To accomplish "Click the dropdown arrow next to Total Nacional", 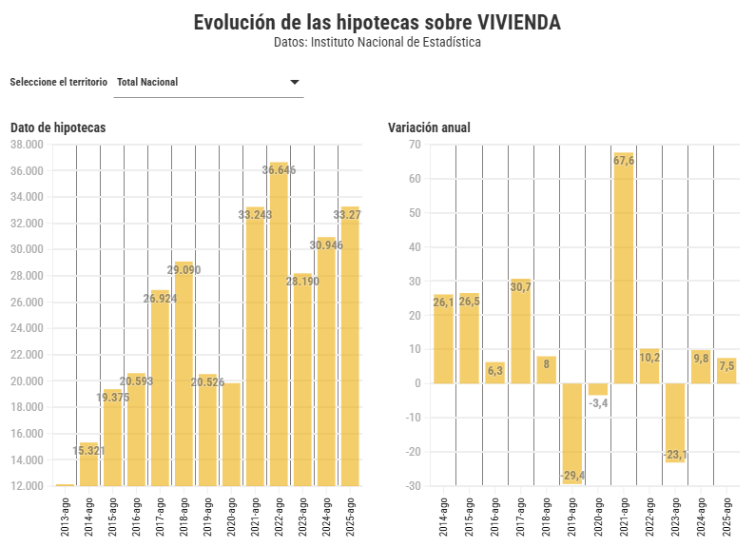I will coord(295,82).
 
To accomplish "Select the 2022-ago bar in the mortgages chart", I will coord(279,323).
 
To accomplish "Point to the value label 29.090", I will coord(184,270).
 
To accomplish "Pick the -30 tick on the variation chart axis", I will coord(414,486).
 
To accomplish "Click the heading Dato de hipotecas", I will coord(58,127).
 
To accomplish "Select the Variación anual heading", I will coord(429,127).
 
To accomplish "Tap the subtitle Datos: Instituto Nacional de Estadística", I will coord(377,43).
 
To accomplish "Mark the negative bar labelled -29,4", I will coord(572,433).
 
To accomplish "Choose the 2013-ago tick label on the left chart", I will coord(65,517).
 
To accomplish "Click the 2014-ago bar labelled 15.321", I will coord(88,466).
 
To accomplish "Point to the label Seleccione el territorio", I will coord(58,82).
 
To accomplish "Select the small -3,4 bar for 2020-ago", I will coord(598,389).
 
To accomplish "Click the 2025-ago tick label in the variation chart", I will coord(727,517).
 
